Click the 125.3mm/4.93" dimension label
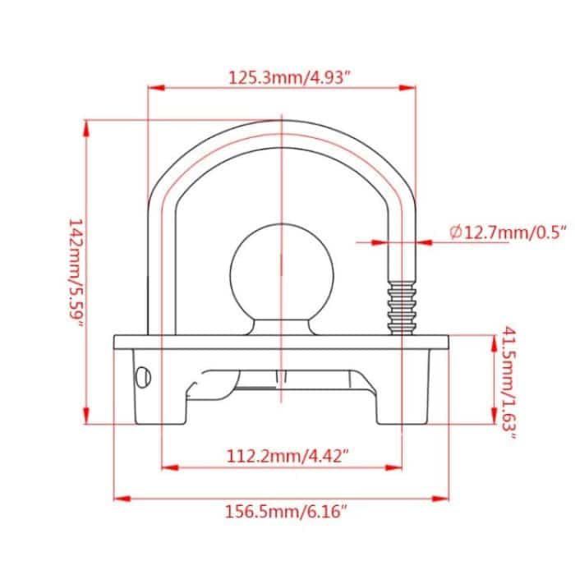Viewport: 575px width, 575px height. (280, 79)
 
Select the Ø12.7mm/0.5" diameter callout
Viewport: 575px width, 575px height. (503, 232)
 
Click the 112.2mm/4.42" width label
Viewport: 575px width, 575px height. (282, 455)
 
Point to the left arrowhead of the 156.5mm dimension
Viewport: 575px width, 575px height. (117, 498)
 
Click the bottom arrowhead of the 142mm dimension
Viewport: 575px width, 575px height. (87, 420)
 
